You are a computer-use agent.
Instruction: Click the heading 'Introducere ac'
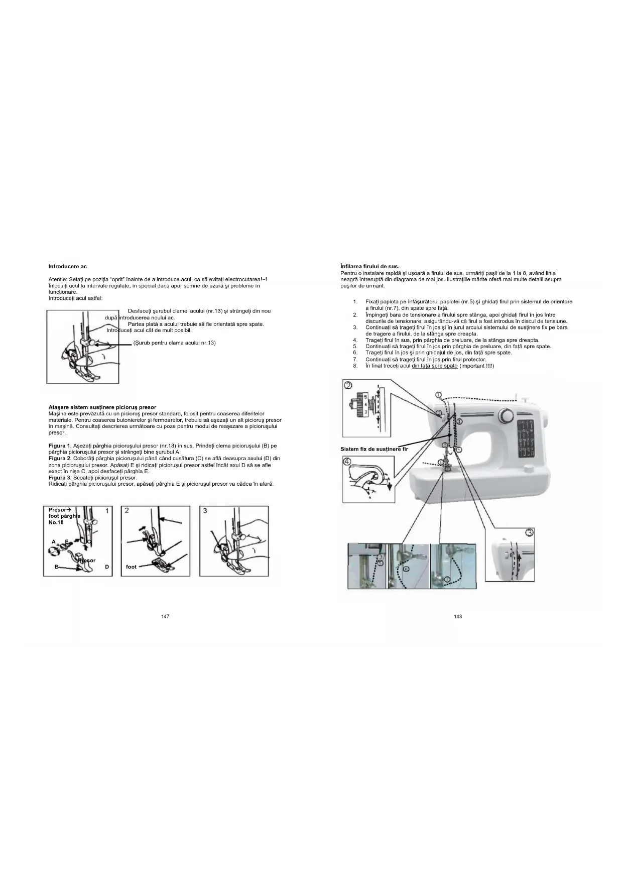click(x=67, y=266)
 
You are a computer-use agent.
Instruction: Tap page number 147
click(x=165, y=616)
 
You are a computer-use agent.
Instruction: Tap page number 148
click(x=458, y=616)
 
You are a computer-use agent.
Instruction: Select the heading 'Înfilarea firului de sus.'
click(x=370, y=266)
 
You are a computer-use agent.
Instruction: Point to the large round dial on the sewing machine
click(x=506, y=416)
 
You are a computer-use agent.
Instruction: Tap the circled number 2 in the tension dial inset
click(x=348, y=386)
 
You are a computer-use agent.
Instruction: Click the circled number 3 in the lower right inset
click(x=530, y=532)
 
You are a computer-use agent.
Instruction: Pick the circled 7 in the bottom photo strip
click(x=447, y=579)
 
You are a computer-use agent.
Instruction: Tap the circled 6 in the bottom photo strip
click(x=406, y=569)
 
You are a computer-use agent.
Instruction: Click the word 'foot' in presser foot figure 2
click(x=131, y=567)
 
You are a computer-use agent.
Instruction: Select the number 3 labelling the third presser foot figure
click(x=205, y=511)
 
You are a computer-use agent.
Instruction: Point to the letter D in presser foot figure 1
click(x=107, y=567)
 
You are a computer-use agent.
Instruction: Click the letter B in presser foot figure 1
click(x=57, y=567)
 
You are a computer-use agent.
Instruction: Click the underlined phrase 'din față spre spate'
click(x=434, y=366)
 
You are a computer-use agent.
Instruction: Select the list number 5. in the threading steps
click(x=355, y=346)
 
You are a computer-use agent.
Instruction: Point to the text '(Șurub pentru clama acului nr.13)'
click(x=174, y=343)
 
